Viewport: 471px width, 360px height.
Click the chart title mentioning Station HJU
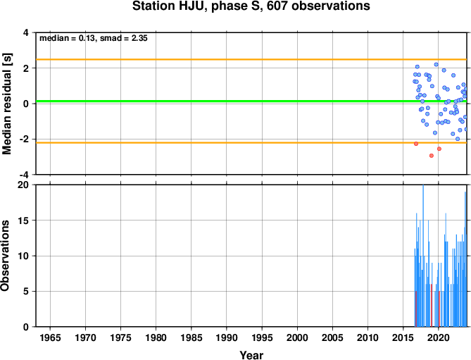pos(251,6)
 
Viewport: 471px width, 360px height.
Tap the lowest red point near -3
pos(432,156)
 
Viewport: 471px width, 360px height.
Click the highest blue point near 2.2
pos(437,65)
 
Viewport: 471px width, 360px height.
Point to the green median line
pos(251,101)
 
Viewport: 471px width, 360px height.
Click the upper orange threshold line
pos(251,59)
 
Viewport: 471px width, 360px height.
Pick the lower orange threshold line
pos(251,143)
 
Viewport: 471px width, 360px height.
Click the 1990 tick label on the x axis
pos(227,337)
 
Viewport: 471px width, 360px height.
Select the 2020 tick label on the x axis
pos(438,337)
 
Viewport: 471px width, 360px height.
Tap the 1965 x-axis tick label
pos(50,337)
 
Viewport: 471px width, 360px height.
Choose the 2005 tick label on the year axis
pos(332,337)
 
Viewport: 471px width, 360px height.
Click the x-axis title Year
pos(251,355)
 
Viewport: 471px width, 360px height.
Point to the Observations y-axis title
pos(5,256)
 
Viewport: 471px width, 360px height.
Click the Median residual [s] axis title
pos(6,104)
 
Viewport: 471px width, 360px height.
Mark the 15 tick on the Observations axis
pos(23,221)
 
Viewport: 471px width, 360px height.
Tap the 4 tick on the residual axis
pos(26,32)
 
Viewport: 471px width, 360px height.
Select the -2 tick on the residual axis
pos(23,139)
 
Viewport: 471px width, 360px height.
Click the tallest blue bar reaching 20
pos(423,256)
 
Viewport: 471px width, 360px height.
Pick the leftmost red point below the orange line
pos(416,144)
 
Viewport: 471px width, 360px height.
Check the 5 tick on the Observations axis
pos(26,292)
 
